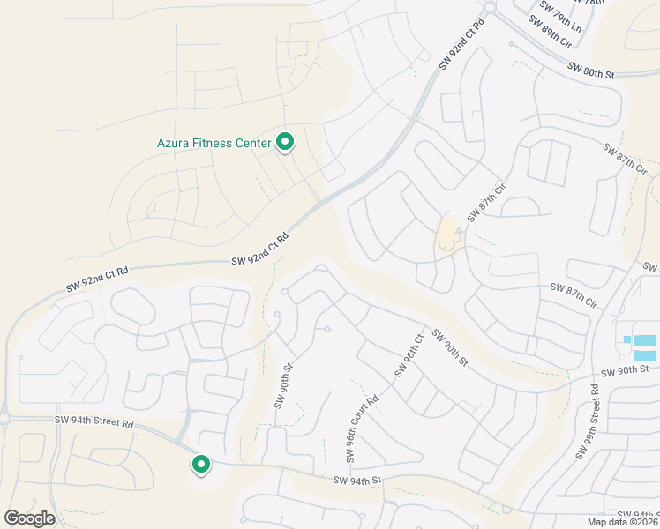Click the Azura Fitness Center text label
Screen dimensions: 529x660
click(x=214, y=142)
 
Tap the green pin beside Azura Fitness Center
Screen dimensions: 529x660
click(x=285, y=141)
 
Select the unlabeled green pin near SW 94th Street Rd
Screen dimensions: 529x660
click(x=201, y=465)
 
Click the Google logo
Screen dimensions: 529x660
click(x=29, y=518)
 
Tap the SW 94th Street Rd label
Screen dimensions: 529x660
click(x=94, y=423)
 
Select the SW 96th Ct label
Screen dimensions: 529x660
click(x=410, y=354)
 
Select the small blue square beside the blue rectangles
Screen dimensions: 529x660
click(x=626, y=339)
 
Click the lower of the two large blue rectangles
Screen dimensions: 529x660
click(x=645, y=355)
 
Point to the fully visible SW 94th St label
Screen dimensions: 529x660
click(x=356, y=481)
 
